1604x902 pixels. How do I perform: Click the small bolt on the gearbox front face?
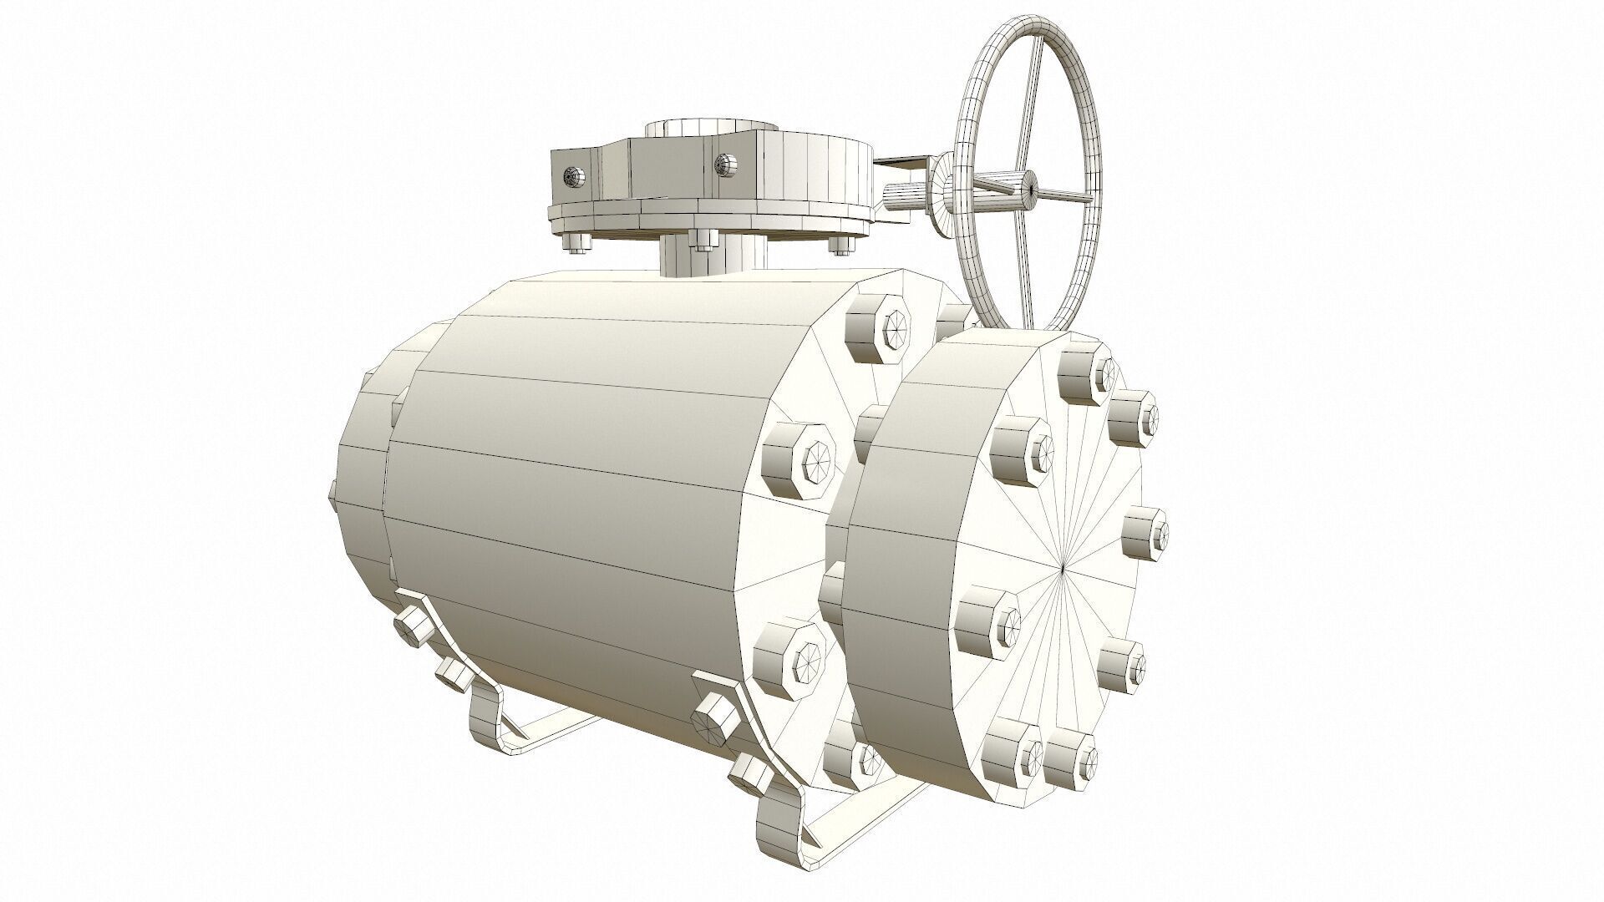click(724, 164)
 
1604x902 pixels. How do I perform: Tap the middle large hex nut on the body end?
click(798, 464)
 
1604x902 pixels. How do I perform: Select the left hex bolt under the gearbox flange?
click(576, 241)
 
